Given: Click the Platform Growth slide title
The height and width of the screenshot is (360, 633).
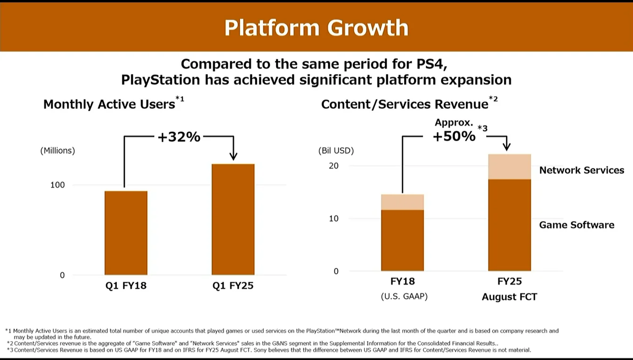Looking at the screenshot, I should click(x=316, y=28).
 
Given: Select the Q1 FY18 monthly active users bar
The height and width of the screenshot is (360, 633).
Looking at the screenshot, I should click(x=126, y=233).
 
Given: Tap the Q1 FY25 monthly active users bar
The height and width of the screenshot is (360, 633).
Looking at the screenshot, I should click(x=233, y=219).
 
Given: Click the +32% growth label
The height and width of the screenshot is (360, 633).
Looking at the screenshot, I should click(x=179, y=137).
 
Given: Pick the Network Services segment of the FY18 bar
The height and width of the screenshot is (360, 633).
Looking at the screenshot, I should click(x=402, y=202).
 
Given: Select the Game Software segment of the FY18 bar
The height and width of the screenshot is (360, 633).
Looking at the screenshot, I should click(x=402, y=240).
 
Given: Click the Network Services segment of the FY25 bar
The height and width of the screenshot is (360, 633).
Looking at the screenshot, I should click(x=510, y=167).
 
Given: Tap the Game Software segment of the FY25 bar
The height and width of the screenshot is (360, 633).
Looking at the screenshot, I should click(x=510, y=225).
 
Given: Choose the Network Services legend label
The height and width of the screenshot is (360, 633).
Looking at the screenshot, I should click(x=582, y=171).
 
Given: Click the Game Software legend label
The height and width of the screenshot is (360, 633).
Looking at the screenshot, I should click(x=576, y=225).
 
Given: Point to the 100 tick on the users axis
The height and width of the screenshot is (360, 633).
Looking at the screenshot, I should click(x=57, y=185).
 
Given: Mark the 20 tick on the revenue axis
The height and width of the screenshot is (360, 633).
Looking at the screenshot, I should click(x=333, y=166).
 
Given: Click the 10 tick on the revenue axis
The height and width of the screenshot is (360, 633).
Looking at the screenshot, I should click(x=333, y=219).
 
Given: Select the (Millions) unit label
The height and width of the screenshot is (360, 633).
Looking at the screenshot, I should click(x=57, y=151).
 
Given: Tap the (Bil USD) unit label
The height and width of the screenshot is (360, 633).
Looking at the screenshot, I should click(x=336, y=151).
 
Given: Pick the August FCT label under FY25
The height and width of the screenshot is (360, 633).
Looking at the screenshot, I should click(x=510, y=297).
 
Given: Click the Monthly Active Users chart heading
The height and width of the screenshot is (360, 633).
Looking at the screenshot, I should click(x=109, y=104).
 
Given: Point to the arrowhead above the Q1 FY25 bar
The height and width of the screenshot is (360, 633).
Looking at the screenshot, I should click(x=233, y=156).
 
